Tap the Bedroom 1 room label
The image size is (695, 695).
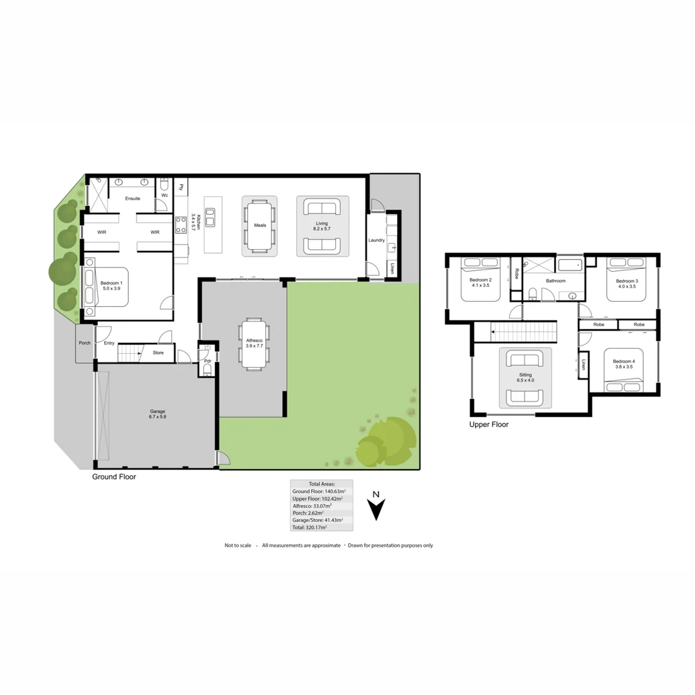coord(111,286)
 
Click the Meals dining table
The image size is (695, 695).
coord(259,226)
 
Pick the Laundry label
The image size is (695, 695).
coord(376,240)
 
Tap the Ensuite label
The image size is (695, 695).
coord(133,198)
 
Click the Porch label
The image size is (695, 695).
coord(84,343)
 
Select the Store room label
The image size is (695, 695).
coord(158,353)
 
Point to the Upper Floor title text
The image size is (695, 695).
coord(489,425)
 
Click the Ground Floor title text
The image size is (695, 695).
coord(114,477)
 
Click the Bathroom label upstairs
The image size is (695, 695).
coord(555,281)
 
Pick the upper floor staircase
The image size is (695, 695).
coord(522,332)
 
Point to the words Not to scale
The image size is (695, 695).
coord(237,545)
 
